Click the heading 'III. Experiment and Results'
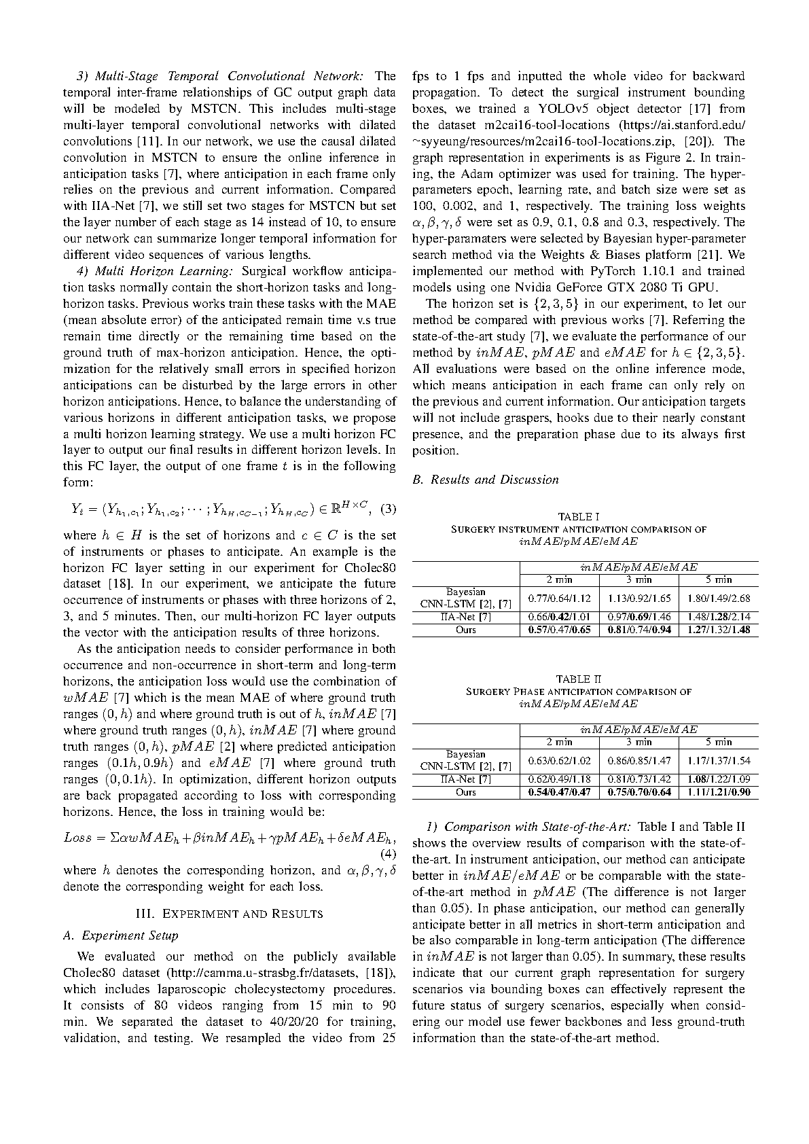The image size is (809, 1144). [x=229, y=913]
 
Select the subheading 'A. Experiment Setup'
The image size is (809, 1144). [x=120, y=935]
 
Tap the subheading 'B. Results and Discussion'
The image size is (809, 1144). [x=485, y=480]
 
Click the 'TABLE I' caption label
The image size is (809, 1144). [x=578, y=517]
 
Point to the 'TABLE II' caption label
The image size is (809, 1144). [x=578, y=679]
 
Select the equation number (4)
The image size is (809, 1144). [x=386, y=853]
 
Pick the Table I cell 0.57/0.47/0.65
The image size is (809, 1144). [x=559, y=630]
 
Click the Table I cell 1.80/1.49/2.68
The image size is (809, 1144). [x=718, y=598]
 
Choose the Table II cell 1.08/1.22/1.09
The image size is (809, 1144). [x=718, y=779]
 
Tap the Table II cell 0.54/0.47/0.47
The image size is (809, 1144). [x=559, y=792]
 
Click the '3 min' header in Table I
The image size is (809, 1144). [x=639, y=579]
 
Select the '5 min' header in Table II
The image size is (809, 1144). [x=718, y=742]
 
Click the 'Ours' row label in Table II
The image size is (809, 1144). [x=466, y=792]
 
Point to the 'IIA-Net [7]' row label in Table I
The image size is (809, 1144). [x=466, y=617]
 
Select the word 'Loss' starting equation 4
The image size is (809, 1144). [x=77, y=837]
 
